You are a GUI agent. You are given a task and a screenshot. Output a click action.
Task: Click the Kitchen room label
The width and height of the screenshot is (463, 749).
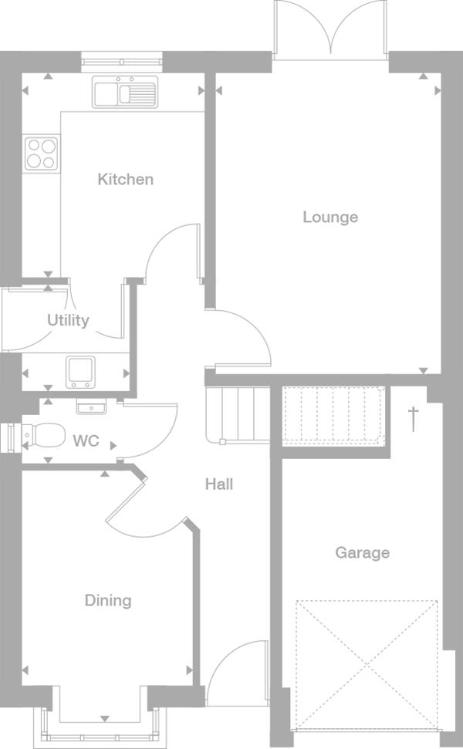pyautogui.click(x=125, y=179)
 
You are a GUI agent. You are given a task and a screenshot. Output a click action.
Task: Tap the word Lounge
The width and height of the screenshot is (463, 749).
pyautogui.click(x=330, y=218)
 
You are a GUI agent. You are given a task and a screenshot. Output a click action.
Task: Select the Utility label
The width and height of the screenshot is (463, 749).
pyautogui.click(x=68, y=320)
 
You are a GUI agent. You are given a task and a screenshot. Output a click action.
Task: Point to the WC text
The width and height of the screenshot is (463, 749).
pyautogui.click(x=86, y=440)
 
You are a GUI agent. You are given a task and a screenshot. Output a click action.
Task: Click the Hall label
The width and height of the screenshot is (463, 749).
pyautogui.click(x=219, y=484)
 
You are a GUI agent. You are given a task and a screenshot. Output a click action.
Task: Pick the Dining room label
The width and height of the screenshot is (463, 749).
pyautogui.click(x=108, y=600)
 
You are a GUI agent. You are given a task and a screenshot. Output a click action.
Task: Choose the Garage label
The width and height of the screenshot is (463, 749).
pyautogui.click(x=362, y=552)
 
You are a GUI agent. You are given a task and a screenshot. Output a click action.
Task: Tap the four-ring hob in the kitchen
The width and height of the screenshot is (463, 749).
pyautogui.click(x=41, y=154)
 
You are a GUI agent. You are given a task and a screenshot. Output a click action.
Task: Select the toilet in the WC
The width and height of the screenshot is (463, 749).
pyautogui.click(x=43, y=435)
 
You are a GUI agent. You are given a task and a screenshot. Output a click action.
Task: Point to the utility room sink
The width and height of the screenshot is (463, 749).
pyautogui.click(x=80, y=372)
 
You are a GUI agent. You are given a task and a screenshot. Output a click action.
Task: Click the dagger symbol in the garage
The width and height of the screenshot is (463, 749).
pyautogui.click(x=414, y=419)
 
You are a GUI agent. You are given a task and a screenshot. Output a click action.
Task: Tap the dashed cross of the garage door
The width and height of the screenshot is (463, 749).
pyautogui.click(x=367, y=665)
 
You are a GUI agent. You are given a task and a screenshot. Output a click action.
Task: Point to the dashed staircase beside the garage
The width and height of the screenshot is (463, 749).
pyautogui.click(x=333, y=416)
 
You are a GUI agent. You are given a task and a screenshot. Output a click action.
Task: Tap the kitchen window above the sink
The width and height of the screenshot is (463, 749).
pyautogui.click(x=122, y=62)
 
